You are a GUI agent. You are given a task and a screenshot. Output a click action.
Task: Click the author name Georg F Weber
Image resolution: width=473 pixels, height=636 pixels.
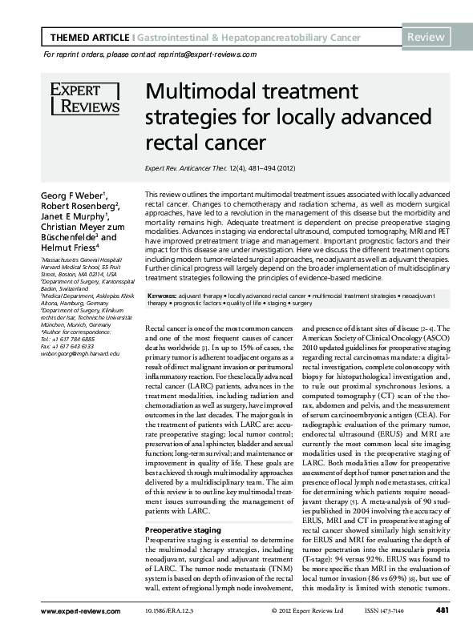pyautogui.click(x=75, y=195)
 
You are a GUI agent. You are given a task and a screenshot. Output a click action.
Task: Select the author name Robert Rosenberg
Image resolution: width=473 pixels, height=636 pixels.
pyautogui.click(x=79, y=206)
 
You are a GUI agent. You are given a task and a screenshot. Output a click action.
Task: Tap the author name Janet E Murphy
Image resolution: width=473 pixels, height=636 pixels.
pyautogui.click(x=76, y=216)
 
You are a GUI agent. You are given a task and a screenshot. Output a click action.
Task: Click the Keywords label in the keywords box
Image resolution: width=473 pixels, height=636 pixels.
pyautogui.click(x=163, y=296)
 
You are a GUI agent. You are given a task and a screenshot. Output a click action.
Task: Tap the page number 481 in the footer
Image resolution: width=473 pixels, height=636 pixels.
pyautogui.click(x=441, y=612)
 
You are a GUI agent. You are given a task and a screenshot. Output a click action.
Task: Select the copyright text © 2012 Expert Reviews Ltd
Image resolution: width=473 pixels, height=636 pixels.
pyautogui.click(x=313, y=613)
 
